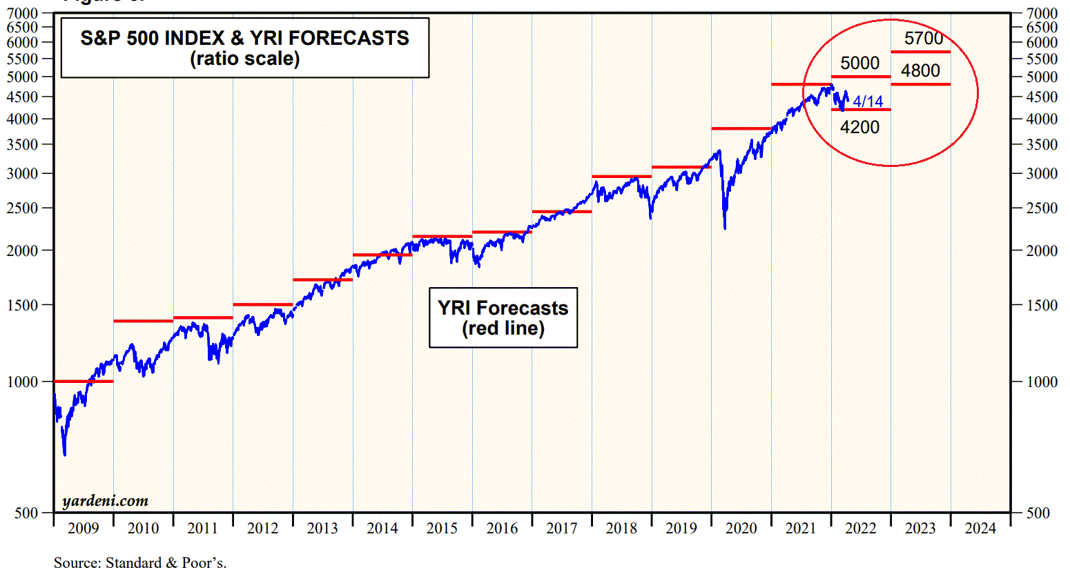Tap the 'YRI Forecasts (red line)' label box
tap(503, 317)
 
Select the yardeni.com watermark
tap(105, 501)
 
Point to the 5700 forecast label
tap(923, 39)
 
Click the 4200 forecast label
tap(859, 127)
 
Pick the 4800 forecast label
tap(920, 70)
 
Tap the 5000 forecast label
tap(859, 63)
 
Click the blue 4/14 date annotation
tap(868, 101)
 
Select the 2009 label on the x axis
tap(84, 529)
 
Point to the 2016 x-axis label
tap(502, 529)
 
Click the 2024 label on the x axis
tap(980, 529)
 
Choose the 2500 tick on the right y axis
tap(1041, 208)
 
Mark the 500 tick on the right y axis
tap(1038, 513)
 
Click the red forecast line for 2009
tap(83, 381)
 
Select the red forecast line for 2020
tap(741, 128)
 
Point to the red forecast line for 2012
tap(262, 304)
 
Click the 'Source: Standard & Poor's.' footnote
tap(140, 563)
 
